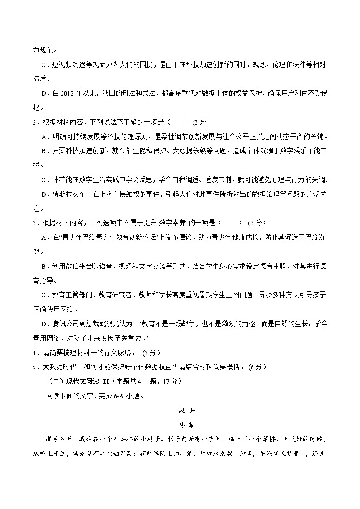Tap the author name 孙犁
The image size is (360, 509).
pos(180,426)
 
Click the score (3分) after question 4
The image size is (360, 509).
pos(151,352)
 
